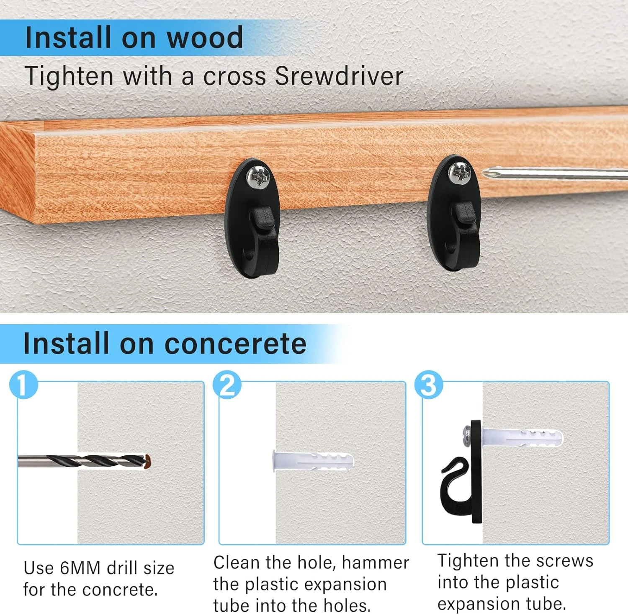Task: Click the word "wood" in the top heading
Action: (x=205, y=38)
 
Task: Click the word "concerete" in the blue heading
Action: (x=236, y=344)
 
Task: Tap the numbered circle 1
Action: (x=24, y=385)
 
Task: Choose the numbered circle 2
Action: (x=227, y=385)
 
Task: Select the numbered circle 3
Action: (x=429, y=385)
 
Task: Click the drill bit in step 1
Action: (x=84, y=462)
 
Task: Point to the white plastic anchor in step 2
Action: (x=313, y=461)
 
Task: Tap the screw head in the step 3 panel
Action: (x=467, y=436)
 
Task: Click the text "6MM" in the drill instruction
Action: (x=80, y=568)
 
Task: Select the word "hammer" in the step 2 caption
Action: (x=375, y=563)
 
